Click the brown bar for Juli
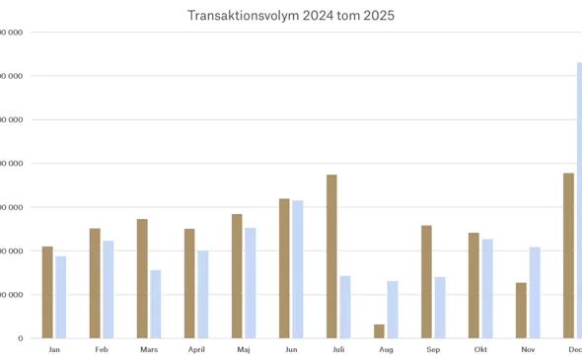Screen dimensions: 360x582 (332, 256)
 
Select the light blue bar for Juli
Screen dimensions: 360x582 (345, 307)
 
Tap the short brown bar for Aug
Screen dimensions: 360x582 (380, 331)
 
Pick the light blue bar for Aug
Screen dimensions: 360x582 (393, 310)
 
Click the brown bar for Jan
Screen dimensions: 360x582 (47, 292)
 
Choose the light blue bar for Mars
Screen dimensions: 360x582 (155, 304)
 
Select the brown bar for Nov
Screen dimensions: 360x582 (521, 311)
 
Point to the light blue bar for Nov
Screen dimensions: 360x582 (535, 292)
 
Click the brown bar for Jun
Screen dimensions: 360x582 (284, 268)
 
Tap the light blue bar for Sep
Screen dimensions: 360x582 (440, 308)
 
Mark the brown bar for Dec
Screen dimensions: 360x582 (568, 255)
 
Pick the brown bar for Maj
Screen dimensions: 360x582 (237, 276)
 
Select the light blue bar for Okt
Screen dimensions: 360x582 (487, 288)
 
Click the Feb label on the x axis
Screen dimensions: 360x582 (102, 350)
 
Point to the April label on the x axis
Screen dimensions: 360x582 (196, 350)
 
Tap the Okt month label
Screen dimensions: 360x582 (480, 350)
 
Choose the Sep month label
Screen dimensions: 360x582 (433, 350)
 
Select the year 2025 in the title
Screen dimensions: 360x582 (378, 16)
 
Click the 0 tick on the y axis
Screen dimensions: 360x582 (20, 338)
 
